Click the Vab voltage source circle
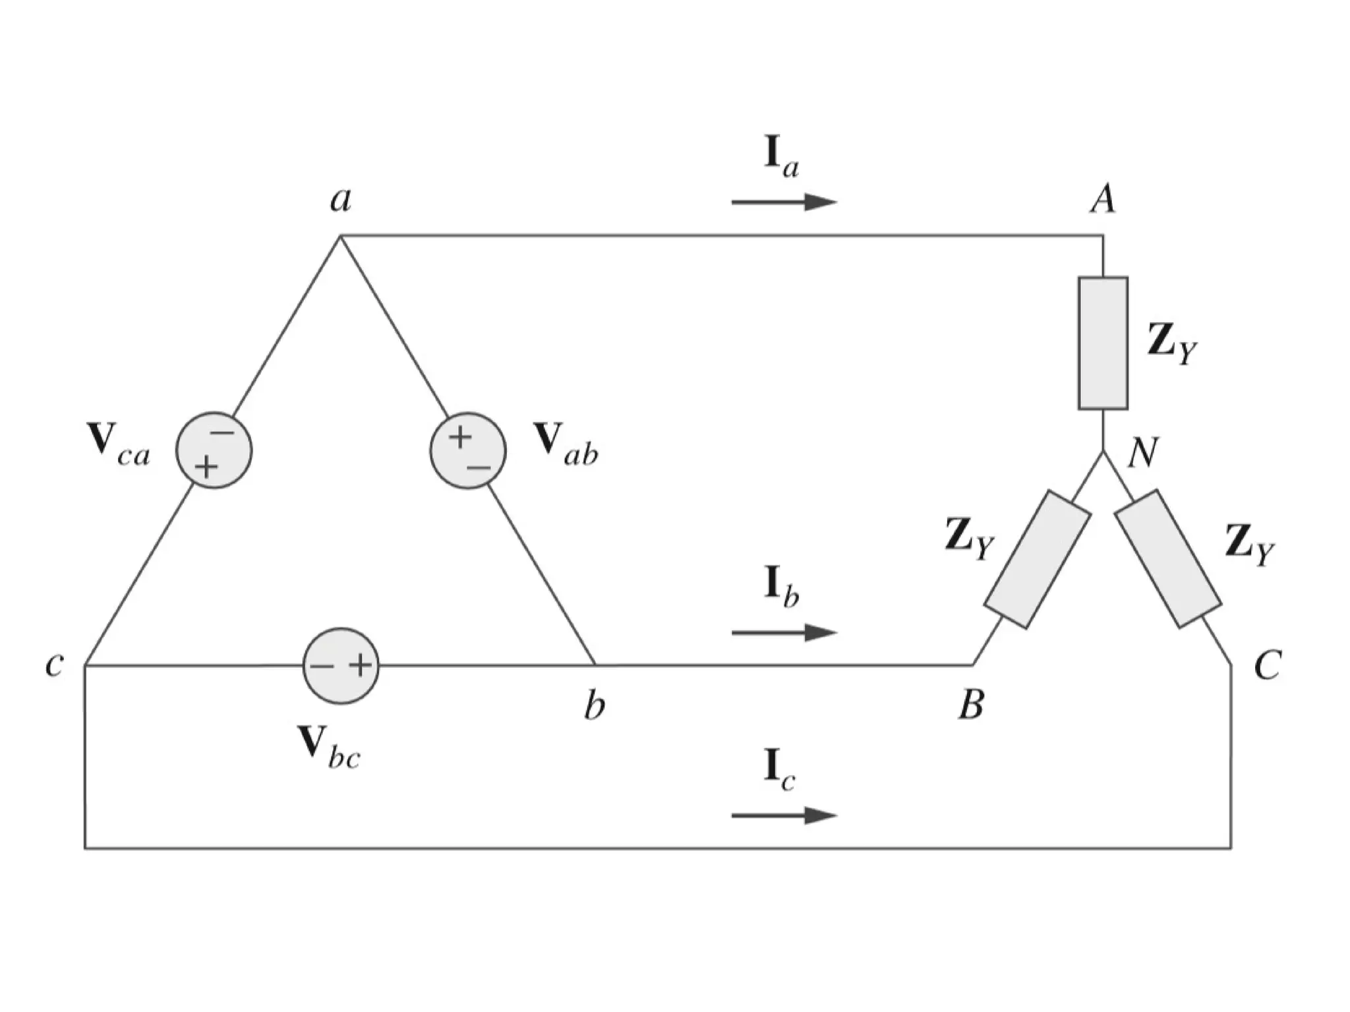pyautogui.click(x=468, y=450)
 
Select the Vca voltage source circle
pyautogui.click(x=214, y=450)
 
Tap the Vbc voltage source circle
pyautogui.click(x=341, y=666)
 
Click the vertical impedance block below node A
pyautogui.click(x=1103, y=343)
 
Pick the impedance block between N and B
pyautogui.click(x=1037, y=559)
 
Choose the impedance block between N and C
pyautogui.click(x=1168, y=559)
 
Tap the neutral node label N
pyautogui.click(x=1142, y=454)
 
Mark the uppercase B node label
pyautogui.click(x=971, y=705)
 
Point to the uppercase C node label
pyautogui.click(x=1267, y=665)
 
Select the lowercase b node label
pyautogui.click(x=594, y=706)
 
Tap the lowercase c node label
pyautogui.click(x=54, y=665)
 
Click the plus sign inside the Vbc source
pyautogui.click(x=360, y=666)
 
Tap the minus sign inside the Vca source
pyautogui.click(x=222, y=433)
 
